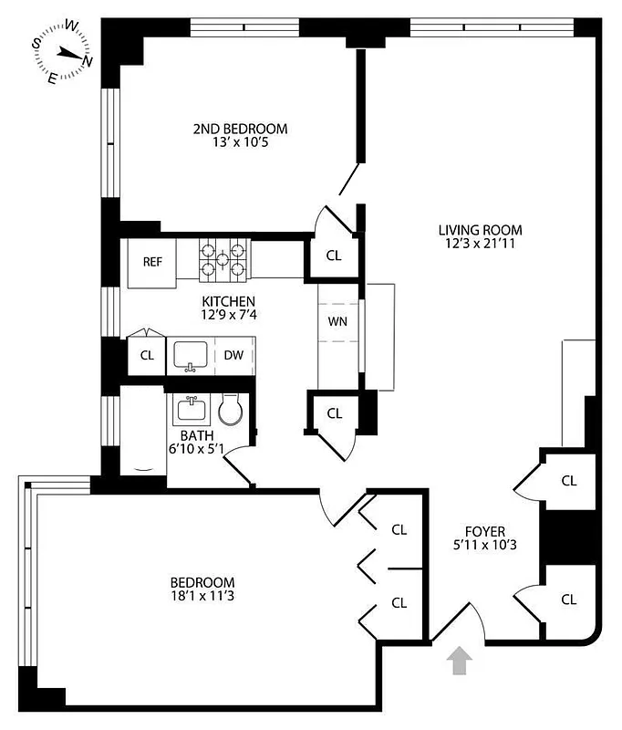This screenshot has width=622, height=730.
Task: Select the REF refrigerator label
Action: [x=152, y=262]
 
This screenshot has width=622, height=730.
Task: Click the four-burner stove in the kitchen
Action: [x=224, y=257]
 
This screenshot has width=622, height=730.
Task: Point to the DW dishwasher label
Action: [x=233, y=356]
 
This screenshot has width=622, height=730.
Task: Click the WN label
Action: [x=337, y=321]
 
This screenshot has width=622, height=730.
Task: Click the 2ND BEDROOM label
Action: [x=240, y=129]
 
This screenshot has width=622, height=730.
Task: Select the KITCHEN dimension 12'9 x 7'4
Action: [x=228, y=316]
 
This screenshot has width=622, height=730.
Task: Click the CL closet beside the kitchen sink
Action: [x=147, y=356]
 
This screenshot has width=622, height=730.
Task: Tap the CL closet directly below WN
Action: [x=335, y=413]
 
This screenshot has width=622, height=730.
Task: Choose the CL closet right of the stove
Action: [x=334, y=255]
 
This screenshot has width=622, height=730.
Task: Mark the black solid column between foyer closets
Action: [x=569, y=537]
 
